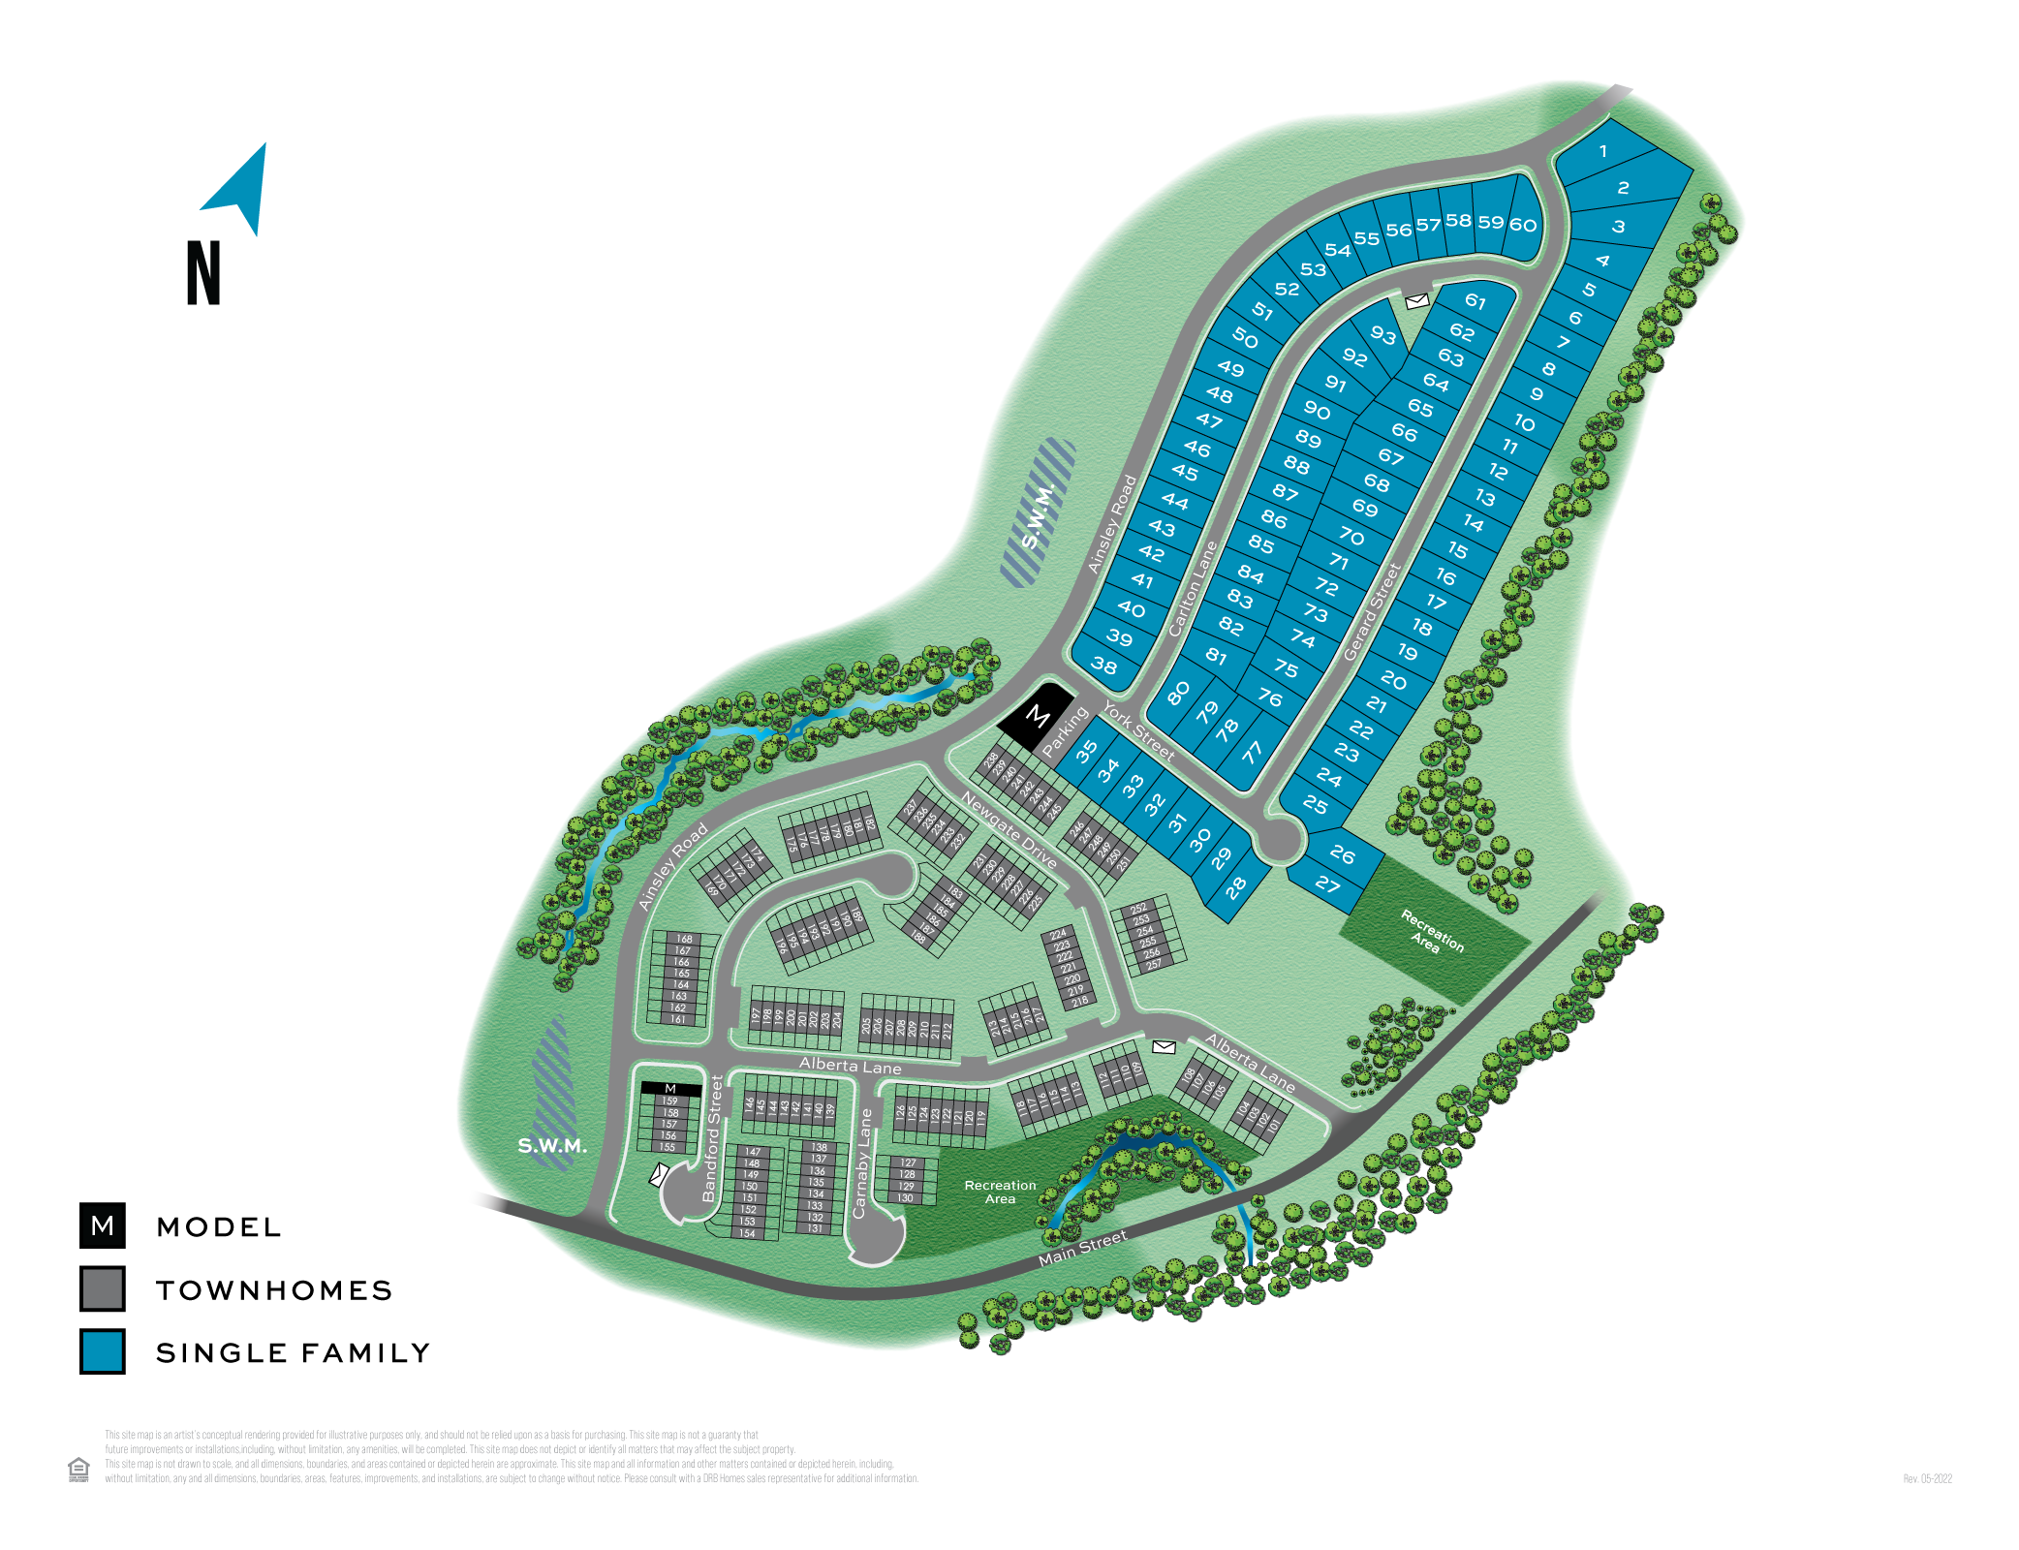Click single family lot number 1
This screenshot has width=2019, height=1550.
click(x=1603, y=151)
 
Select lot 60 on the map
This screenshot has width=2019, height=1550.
click(x=1523, y=226)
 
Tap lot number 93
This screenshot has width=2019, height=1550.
click(x=1382, y=335)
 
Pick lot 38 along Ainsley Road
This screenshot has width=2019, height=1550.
click(x=1104, y=666)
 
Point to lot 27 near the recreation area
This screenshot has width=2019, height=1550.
click(x=1327, y=883)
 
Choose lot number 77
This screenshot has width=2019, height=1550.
click(x=1253, y=752)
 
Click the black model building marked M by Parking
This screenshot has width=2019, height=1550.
click(x=1037, y=716)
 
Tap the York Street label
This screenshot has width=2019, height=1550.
click(x=1138, y=731)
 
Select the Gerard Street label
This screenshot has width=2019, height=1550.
click(x=1372, y=612)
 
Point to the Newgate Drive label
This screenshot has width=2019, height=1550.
click(x=1009, y=829)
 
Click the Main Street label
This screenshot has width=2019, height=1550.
click(x=1082, y=1249)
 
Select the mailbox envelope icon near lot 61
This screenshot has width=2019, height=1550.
click(x=1416, y=301)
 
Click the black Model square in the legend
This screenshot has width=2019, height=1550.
click(x=103, y=1226)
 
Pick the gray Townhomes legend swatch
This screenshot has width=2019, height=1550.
click(x=103, y=1289)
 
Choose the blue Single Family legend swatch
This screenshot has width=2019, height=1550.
click(x=103, y=1351)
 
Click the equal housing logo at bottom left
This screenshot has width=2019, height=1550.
click(x=78, y=1469)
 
